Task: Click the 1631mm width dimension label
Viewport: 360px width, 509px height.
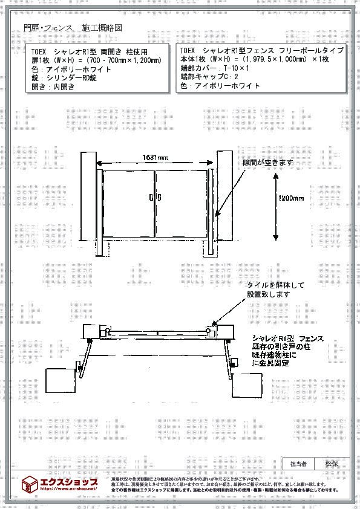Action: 155,158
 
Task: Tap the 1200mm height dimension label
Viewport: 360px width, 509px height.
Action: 290,198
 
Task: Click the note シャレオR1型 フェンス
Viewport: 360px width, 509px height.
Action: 287,339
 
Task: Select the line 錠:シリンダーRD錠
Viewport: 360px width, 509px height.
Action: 64,78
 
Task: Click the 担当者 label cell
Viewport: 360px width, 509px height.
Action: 298,464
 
